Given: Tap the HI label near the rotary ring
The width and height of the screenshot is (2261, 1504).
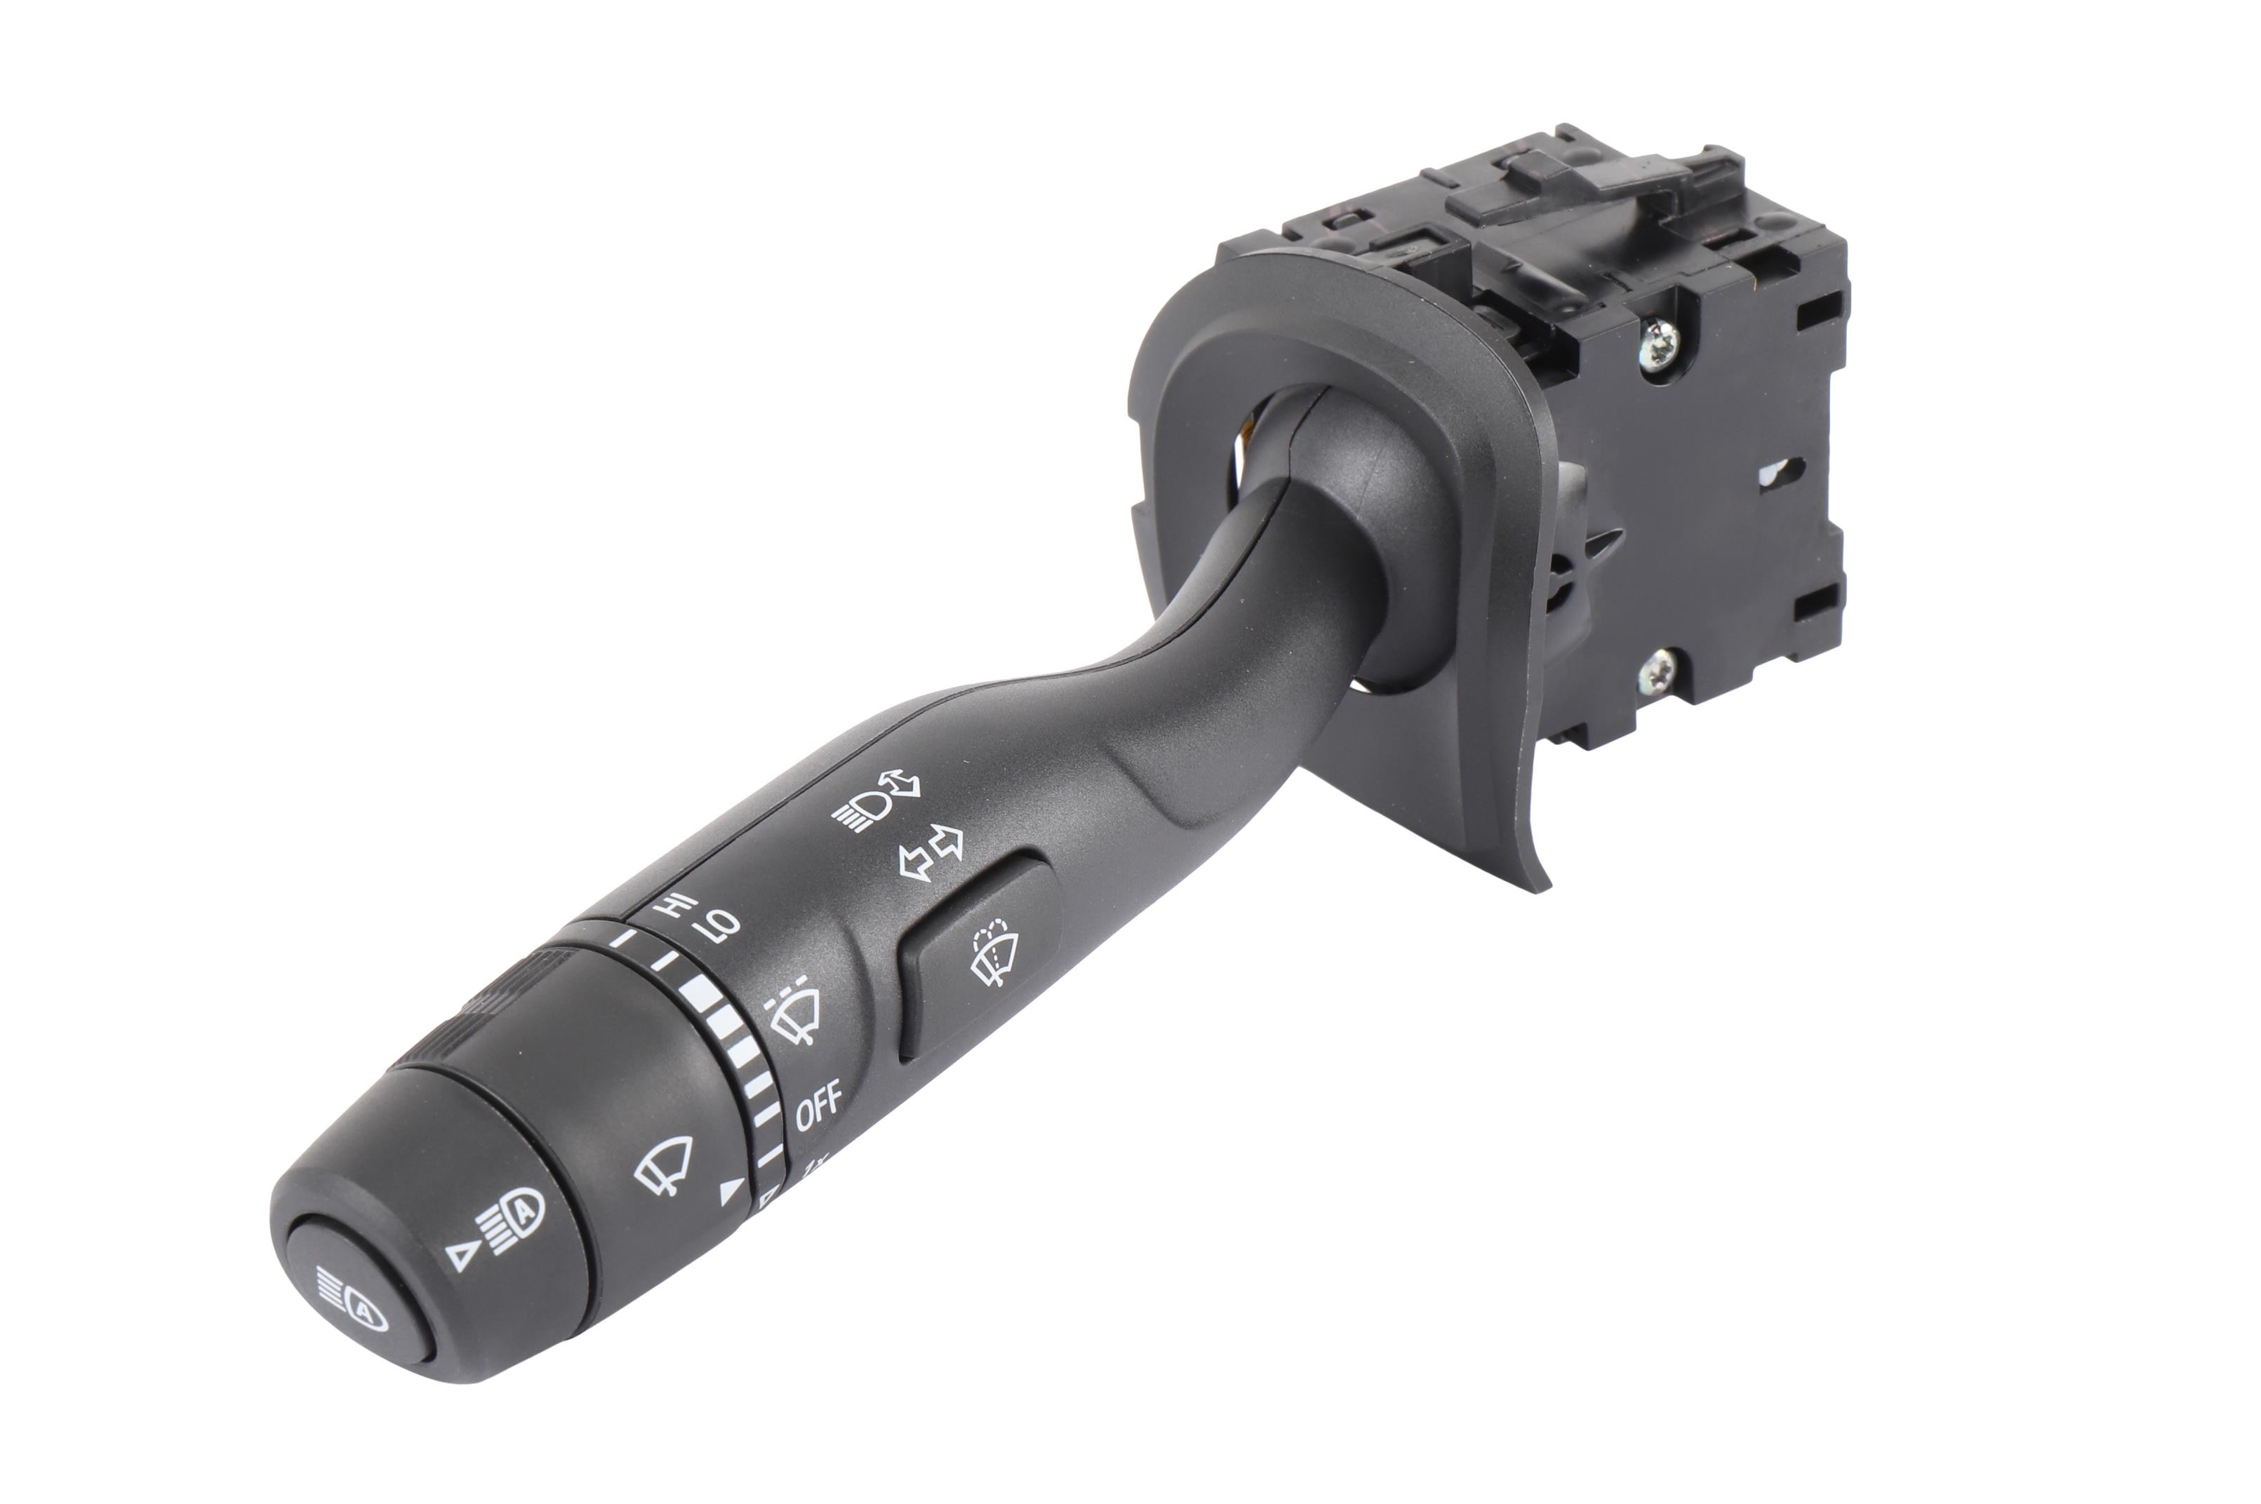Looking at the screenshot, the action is pyautogui.click(x=674, y=906).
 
